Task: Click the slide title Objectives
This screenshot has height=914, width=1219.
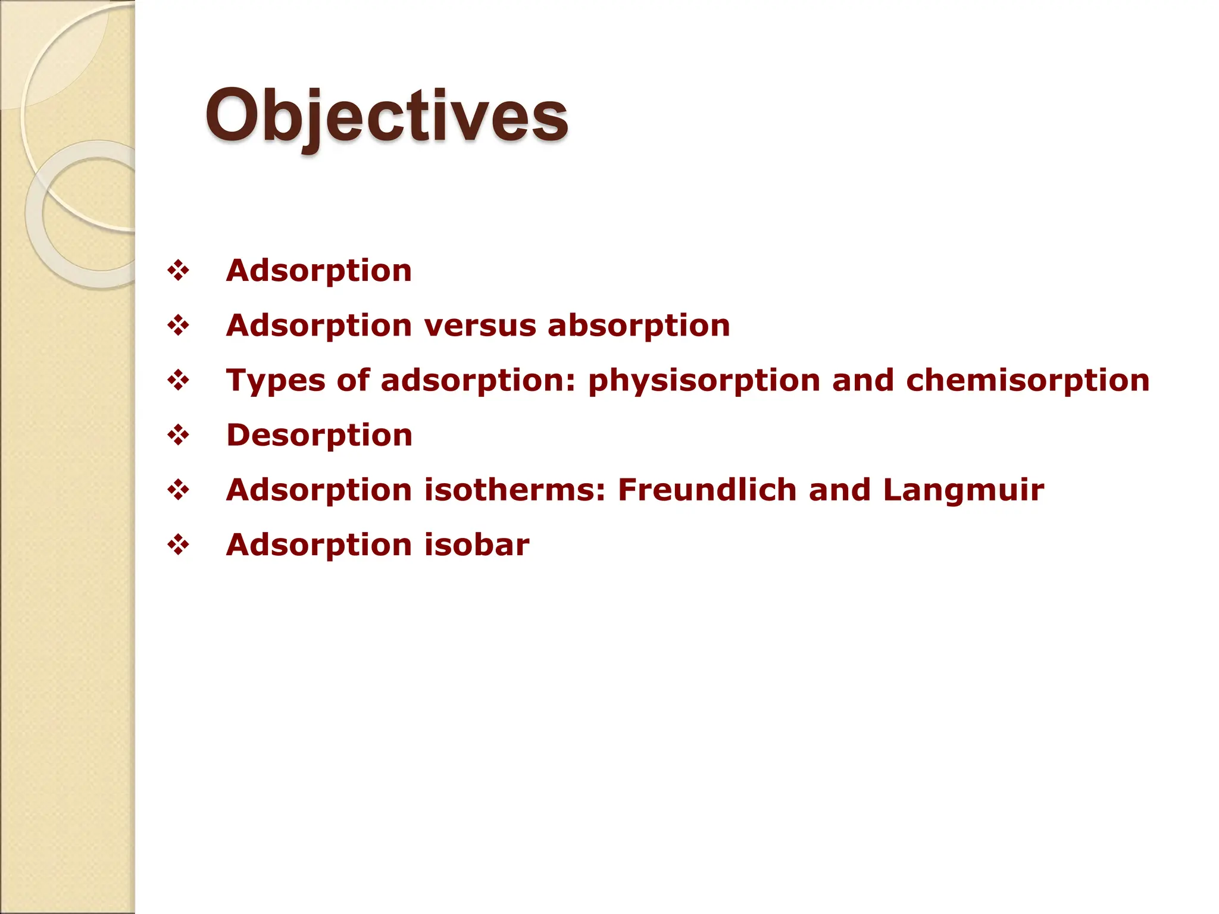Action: (x=387, y=116)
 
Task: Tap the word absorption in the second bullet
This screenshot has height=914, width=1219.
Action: (x=639, y=326)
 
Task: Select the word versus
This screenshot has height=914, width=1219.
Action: (x=480, y=326)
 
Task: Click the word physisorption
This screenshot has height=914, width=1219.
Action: (x=704, y=381)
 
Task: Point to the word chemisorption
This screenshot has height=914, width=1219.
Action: (x=1028, y=381)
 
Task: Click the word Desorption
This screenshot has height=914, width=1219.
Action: (x=320, y=435)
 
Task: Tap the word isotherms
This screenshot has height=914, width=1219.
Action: (x=515, y=490)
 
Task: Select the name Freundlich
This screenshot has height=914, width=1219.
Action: (x=707, y=490)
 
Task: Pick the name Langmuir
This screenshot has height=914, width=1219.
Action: (x=963, y=490)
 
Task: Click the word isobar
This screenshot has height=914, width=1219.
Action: (x=477, y=544)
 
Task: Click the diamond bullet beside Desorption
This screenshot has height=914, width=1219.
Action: (x=178, y=436)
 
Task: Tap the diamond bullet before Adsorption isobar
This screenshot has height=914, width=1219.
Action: (x=178, y=545)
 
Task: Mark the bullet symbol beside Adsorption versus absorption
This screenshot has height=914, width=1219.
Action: (x=178, y=326)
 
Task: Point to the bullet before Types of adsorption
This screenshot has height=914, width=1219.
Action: (x=178, y=381)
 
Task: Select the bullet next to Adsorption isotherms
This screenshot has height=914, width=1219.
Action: (x=178, y=490)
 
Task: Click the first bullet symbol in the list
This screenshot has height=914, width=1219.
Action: (x=178, y=271)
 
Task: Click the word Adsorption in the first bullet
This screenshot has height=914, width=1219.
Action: (x=319, y=271)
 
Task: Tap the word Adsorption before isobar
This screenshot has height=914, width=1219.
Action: (x=319, y=544)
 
